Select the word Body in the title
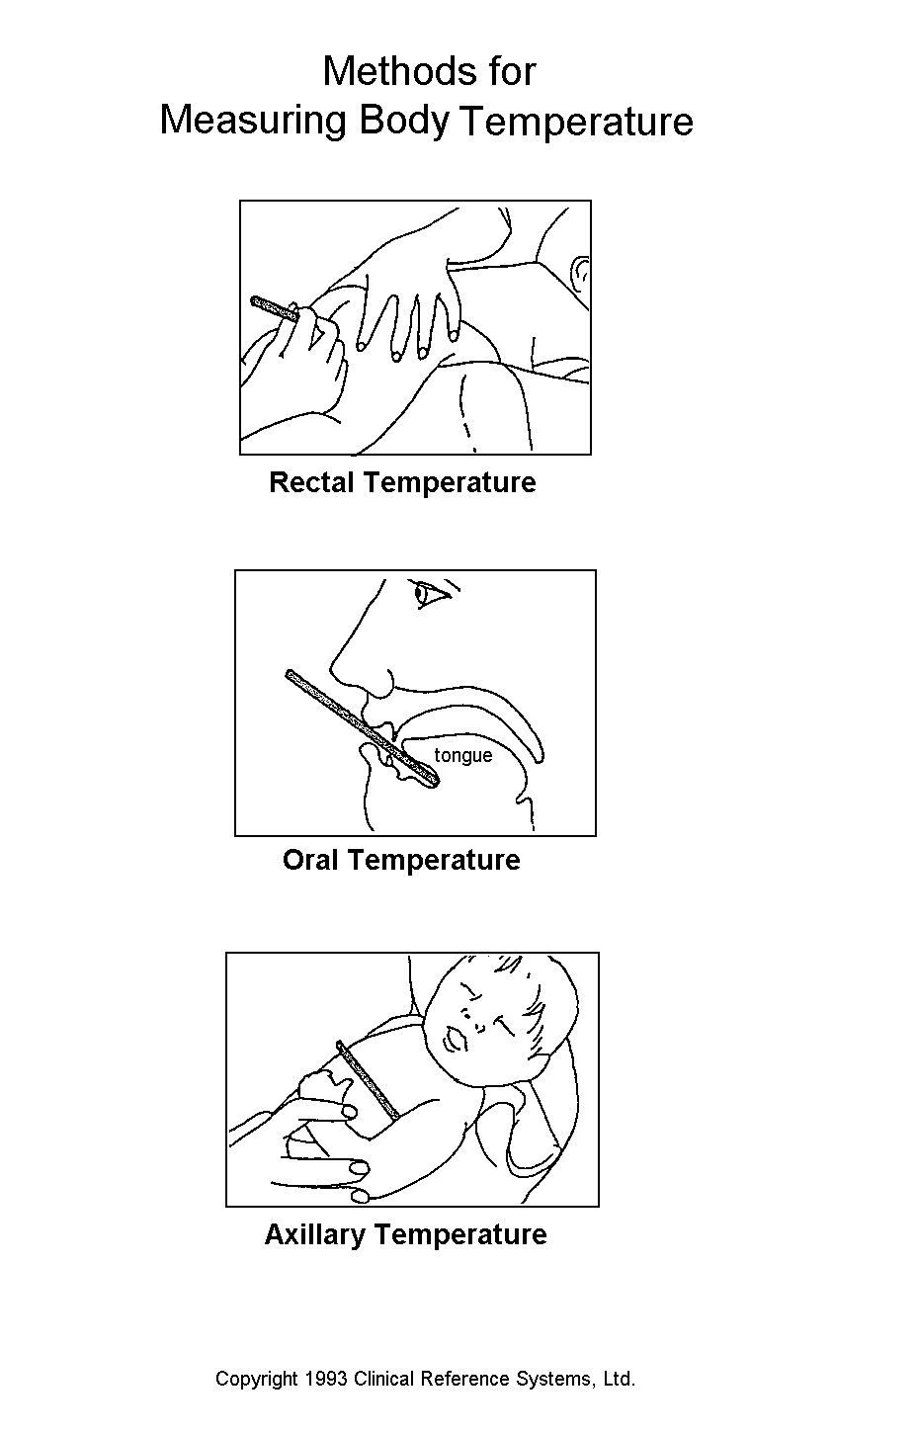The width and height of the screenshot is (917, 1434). [x=404, y=122]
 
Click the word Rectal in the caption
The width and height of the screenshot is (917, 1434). [x=311, y=482]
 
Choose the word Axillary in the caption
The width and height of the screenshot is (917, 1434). [x=315, y=1235]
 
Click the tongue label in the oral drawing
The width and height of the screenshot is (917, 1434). [x=463, y=756]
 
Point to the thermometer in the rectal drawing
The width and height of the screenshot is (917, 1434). [x=275, y=309]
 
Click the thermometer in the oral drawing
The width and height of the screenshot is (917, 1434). [x=363, y=728]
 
